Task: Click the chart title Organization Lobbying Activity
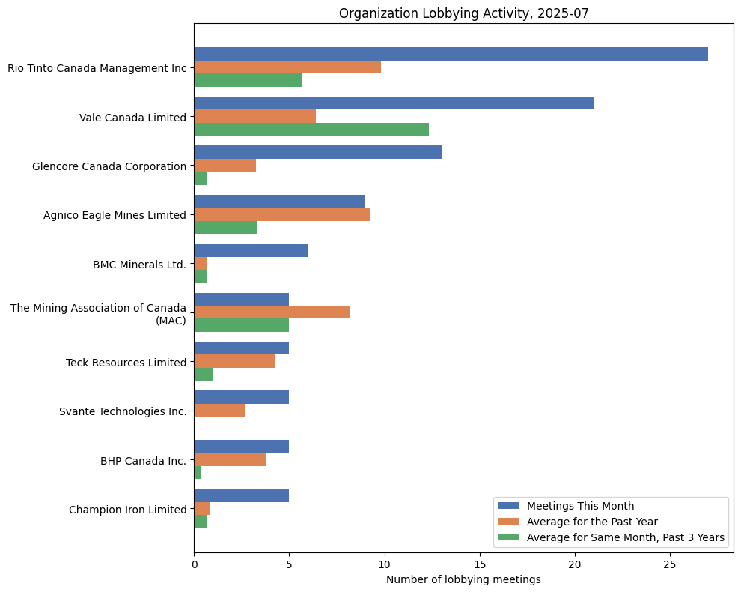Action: tap(463, 13)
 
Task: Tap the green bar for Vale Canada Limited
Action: tap(311, 130)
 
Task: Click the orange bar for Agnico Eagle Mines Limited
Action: tap(282, 214)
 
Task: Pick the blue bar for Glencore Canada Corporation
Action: tap(317, 152)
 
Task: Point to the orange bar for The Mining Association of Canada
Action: tap(272, 312)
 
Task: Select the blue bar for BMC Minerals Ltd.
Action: tap(251, 250)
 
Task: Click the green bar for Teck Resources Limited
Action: tap(204, 375)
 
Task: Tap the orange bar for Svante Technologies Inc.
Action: tap(219, 411)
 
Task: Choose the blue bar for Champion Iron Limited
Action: tap(241, 495)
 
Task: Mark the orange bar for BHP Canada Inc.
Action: tap(230, 460)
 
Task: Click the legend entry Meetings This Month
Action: tap(580, 505)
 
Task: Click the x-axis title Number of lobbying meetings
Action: tap(463, 579)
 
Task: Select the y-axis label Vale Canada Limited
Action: tap(132, 117)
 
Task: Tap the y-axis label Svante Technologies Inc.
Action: tap(123, 411)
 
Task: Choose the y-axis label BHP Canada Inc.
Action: tap(143, 461)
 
